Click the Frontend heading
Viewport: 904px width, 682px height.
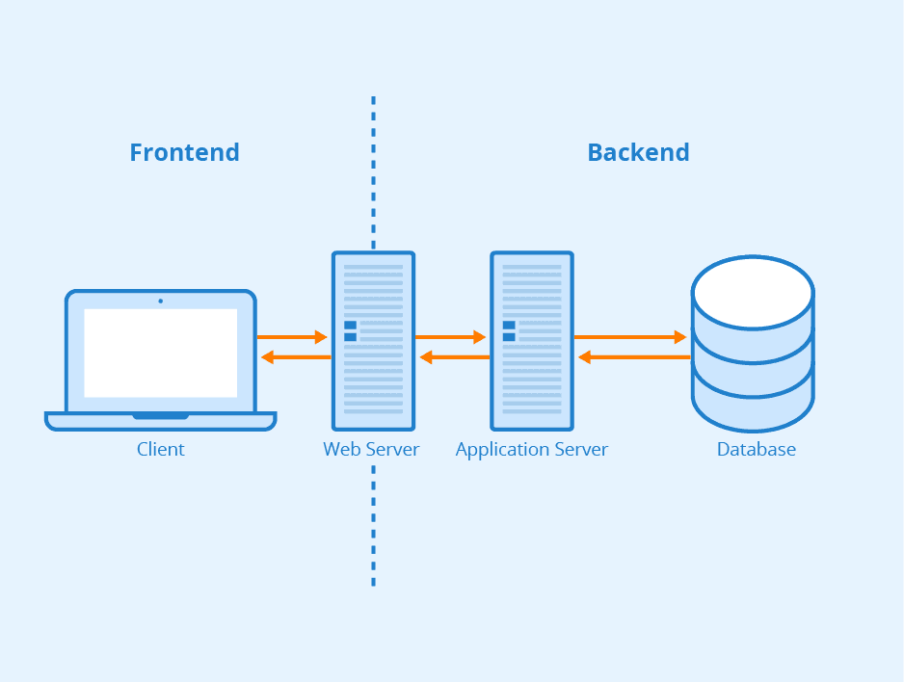tap(184, 152)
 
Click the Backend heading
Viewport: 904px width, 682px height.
tap(638, 152)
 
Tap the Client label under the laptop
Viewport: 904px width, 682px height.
tap(160, 449)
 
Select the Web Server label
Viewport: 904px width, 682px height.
tap(371, 449)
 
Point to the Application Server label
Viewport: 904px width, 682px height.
tap(531, 449)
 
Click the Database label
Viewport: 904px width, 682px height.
tap(756, 449)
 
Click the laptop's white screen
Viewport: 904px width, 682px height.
tap(160, 353)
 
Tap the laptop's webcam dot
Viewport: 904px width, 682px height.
tap(160, 301)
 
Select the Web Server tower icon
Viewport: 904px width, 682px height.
tap(373, 341)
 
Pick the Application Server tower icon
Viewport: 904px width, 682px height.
tap(531, 341)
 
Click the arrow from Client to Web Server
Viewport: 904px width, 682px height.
tap(293, 337)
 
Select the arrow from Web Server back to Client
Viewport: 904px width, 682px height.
tap(295, 357)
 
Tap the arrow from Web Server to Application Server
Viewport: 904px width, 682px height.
tap(451, 337)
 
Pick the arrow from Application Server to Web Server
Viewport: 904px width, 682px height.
tap(453, 357)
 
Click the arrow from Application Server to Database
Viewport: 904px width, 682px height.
tap(630, 337)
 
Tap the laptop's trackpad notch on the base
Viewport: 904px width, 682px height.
tap(160, 416)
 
